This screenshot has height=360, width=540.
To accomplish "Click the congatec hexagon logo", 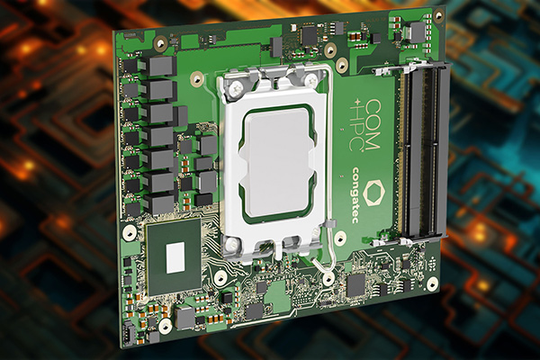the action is [x=368, y=193].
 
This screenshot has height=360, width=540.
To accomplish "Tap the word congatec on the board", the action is [x=356, y=194].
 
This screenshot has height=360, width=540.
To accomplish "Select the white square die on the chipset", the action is [x=175, y=257].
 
